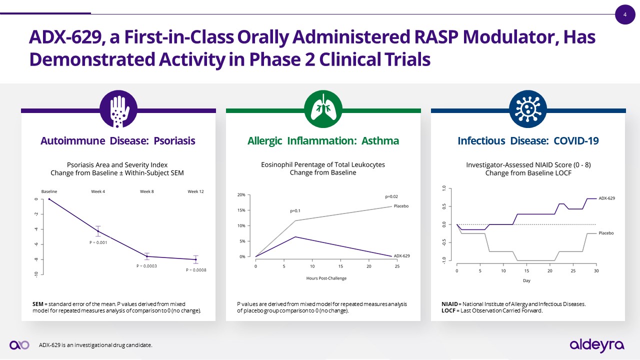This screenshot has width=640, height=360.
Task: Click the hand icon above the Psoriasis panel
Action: (118, 109)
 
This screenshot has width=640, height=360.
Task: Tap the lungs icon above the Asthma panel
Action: (323, 109)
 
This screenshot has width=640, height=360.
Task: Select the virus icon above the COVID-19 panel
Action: (528, 109)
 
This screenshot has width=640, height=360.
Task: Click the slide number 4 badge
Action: (624, 14)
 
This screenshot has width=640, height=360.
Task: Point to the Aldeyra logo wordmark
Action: (597, 345)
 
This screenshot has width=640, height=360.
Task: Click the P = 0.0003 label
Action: (146, 266)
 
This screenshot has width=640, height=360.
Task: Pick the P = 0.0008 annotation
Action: (196, 270)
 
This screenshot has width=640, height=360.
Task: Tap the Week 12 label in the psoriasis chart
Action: (195, 191)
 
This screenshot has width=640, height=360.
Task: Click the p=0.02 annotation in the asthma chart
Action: (391, 197)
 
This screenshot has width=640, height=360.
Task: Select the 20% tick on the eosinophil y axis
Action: (240, 195)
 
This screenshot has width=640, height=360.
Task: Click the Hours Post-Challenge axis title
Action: (326, 278)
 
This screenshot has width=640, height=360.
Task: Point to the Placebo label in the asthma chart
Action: (401, 206)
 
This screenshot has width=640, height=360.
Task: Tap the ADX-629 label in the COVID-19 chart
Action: (606, 198)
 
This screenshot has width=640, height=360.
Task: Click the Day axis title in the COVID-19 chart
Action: (526, 280)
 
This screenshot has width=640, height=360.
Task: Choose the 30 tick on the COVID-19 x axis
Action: (596, 271)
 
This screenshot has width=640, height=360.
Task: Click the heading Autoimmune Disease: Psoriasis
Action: (117, 141)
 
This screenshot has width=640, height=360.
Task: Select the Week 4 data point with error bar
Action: (98, 231)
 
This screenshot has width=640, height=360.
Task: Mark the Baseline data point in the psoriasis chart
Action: (49, 199)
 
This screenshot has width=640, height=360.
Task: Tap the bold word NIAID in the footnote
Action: (449, 304)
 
